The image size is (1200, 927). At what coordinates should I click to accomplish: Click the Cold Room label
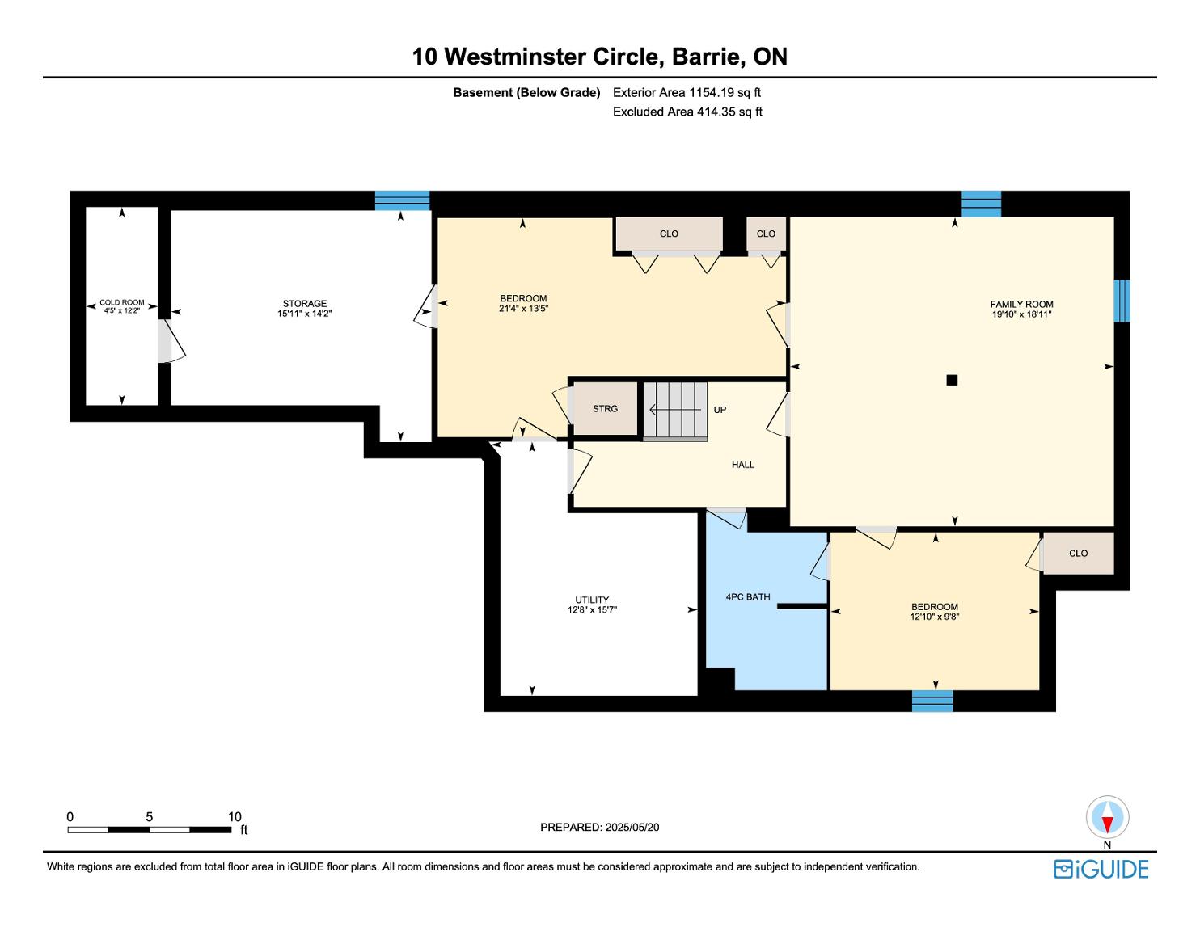point(121,302)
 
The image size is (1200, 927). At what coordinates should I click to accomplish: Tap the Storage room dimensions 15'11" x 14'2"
point(304,314)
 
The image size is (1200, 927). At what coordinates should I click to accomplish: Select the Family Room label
point(1021,304)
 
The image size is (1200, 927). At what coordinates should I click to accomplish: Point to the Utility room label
point(592,600)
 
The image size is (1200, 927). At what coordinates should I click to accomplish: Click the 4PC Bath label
point(747,597)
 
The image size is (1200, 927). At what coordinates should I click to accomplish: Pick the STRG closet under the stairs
point(605,409)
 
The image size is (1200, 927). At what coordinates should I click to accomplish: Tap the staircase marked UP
point(675,411)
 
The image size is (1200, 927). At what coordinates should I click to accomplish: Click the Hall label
point(743,465)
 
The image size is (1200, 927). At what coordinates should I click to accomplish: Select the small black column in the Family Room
point(952,380)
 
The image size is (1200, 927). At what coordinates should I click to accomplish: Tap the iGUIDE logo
point(1101,869)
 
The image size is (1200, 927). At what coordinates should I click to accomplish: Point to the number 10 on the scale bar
point(235,816)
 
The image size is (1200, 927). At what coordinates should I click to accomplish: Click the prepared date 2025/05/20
point(632,827)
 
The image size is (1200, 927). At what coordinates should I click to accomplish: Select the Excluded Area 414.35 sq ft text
point(687,112)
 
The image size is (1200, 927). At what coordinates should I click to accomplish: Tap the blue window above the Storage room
point(402,200)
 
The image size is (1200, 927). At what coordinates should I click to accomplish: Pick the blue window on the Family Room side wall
point(1121,301)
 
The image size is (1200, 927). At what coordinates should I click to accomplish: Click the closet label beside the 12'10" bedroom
point(1078,554)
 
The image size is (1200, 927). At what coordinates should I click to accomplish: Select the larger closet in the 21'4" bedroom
point(669,234)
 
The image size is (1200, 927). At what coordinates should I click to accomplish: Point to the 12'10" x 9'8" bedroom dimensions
point(935,617)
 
